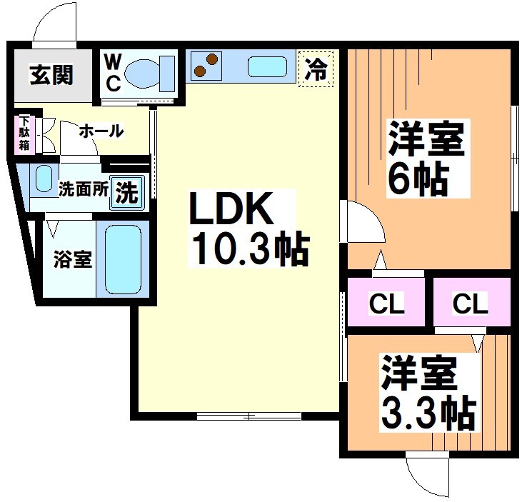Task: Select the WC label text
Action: tap(114, 72)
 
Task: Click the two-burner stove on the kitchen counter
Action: tap(206, 66)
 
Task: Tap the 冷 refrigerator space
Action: tap(316, 70)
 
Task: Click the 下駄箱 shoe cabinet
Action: tap(24, 134)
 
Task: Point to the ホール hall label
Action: tap(101, 131)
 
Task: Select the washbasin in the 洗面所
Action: tap(44, 178)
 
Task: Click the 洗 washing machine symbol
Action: tap(127, 191)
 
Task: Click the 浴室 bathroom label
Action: tap(72, 258)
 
